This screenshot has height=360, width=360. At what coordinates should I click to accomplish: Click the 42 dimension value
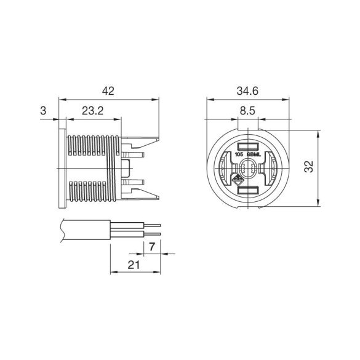pos(108,91)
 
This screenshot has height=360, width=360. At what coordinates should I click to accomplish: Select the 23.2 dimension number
pos(93,111)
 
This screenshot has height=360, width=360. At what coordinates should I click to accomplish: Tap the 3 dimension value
pos(43,111)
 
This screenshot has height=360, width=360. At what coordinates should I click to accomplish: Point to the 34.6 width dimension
pos(247,91)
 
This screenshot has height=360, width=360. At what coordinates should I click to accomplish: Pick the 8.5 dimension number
pos(247,111)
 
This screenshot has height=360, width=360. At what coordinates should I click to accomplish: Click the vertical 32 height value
pos(309,166)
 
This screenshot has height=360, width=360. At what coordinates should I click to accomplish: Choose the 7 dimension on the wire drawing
pos(152,247)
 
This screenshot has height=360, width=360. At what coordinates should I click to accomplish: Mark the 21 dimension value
pos(134,265)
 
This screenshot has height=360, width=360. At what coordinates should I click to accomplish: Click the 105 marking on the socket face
pos(239,154)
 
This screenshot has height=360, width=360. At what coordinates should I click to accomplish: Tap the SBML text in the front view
pos(254,154)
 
